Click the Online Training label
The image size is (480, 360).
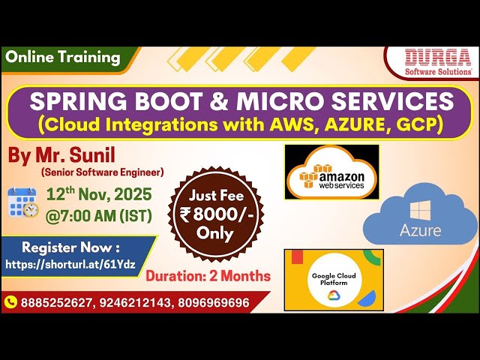[x=62, y=57]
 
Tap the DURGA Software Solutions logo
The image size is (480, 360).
[x=439, y=62]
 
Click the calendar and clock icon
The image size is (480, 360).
[x=22, y=202]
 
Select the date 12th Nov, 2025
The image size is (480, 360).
[x=99, y=194]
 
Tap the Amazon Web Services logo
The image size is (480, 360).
[x=331, y=172]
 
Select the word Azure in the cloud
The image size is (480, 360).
[x=420, y=229]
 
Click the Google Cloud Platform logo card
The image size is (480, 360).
[x=333, y=278]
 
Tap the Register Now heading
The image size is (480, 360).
[x=70, y=247]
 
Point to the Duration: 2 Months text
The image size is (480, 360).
[x=208, y=276]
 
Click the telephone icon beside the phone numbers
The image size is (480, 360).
[x=11, y=302]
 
